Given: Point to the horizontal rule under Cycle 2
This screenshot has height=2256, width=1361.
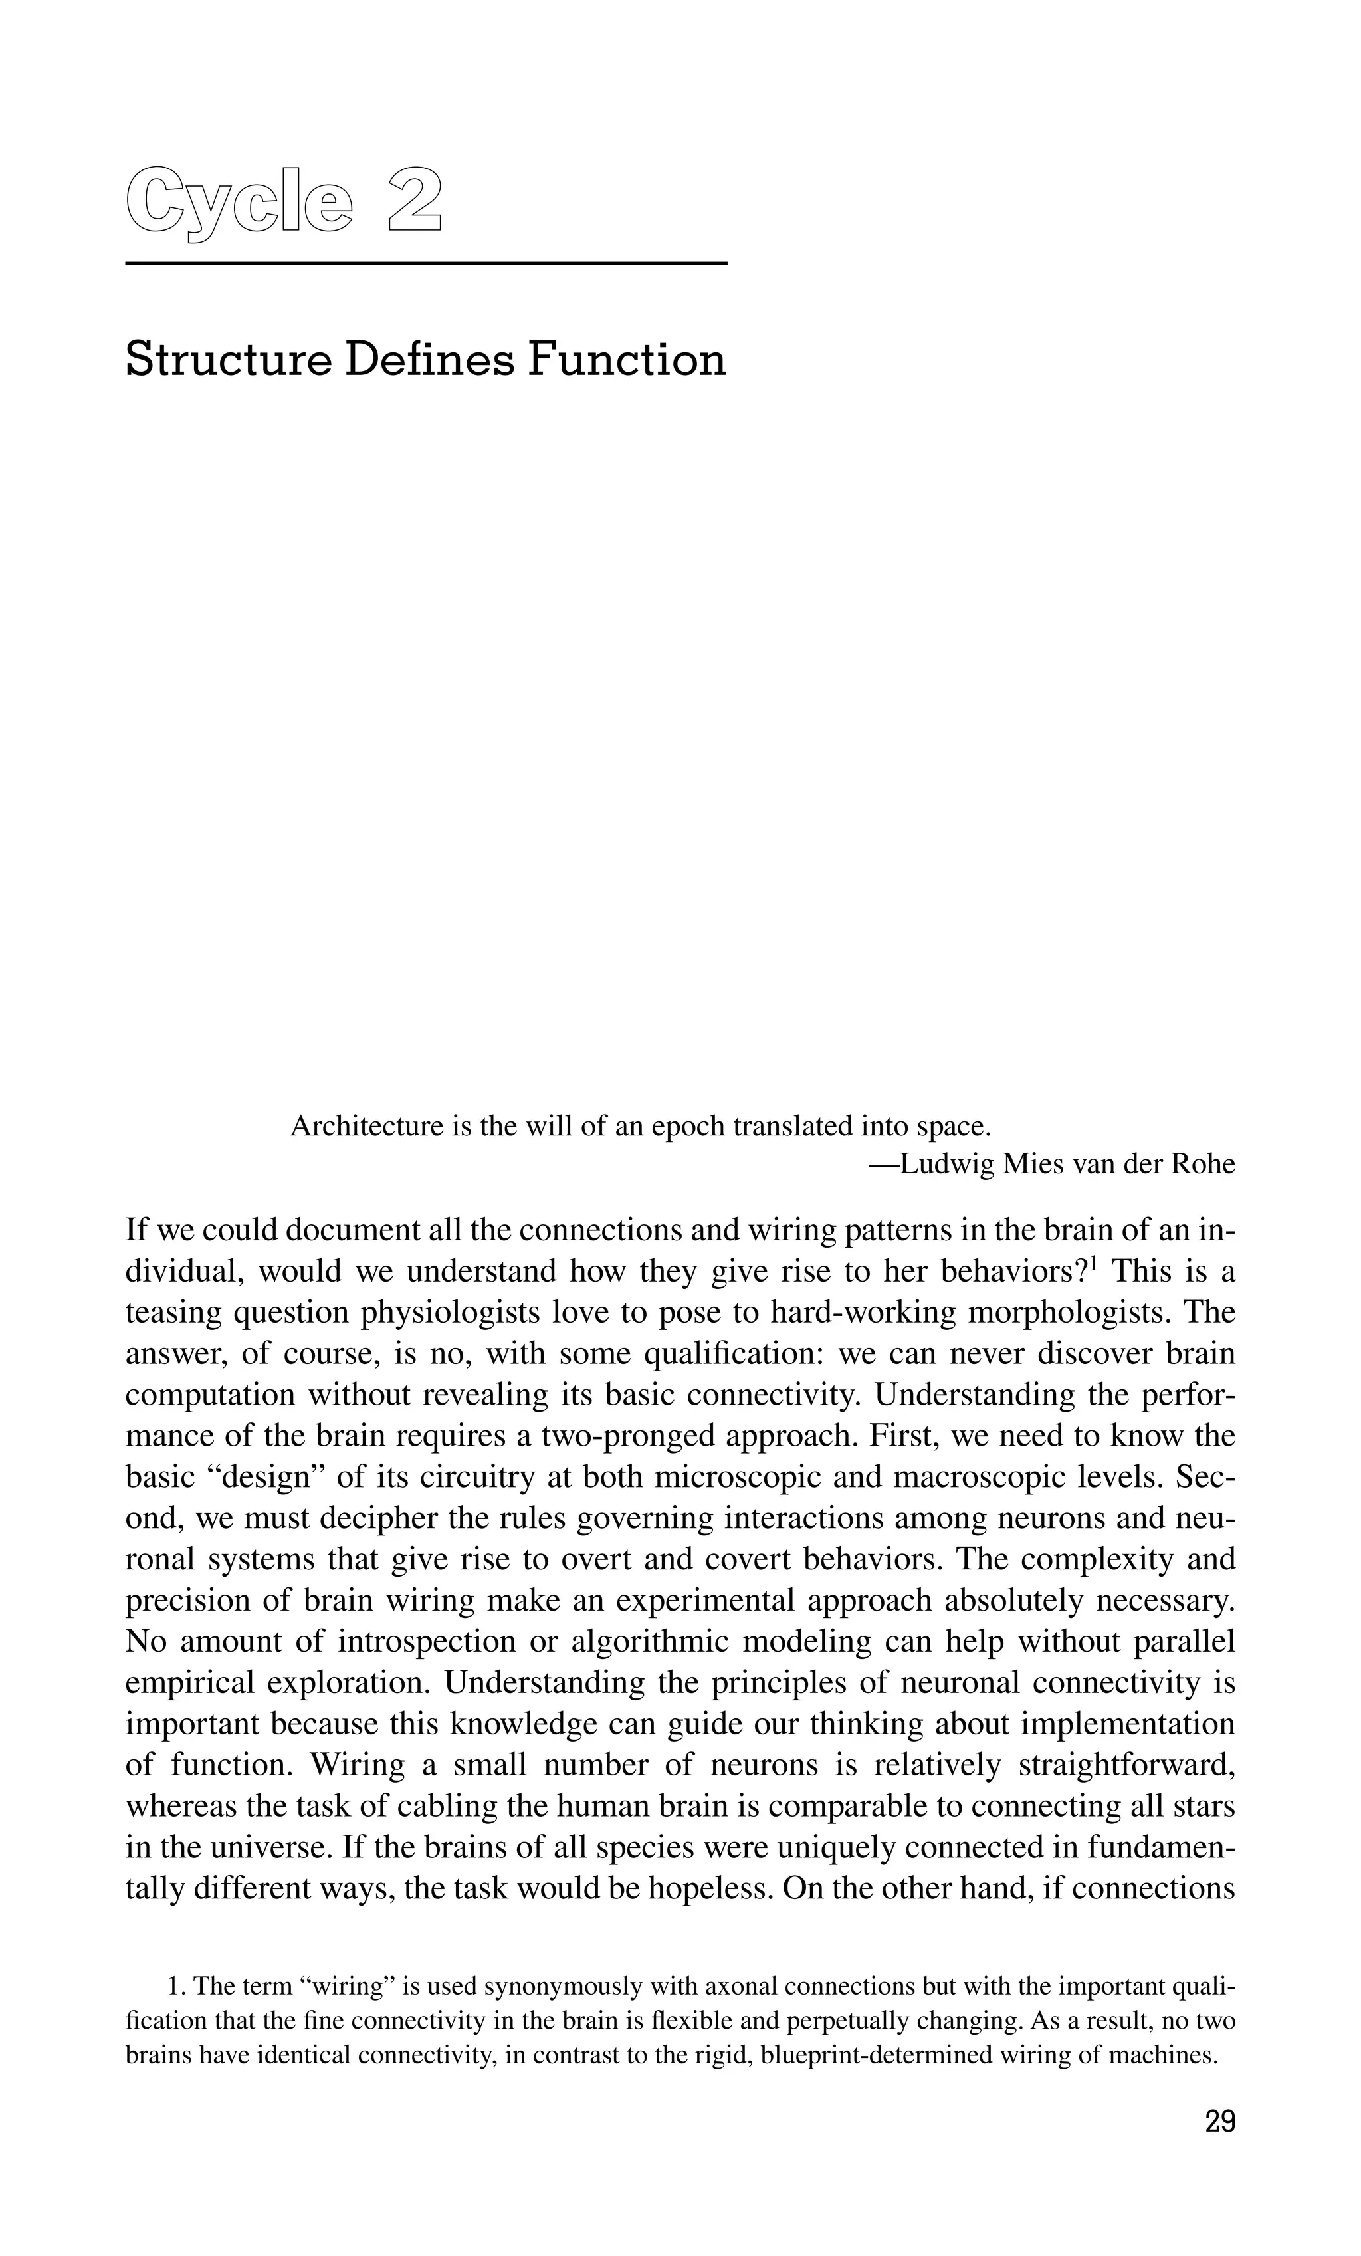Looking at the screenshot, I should [x=425, y=264].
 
